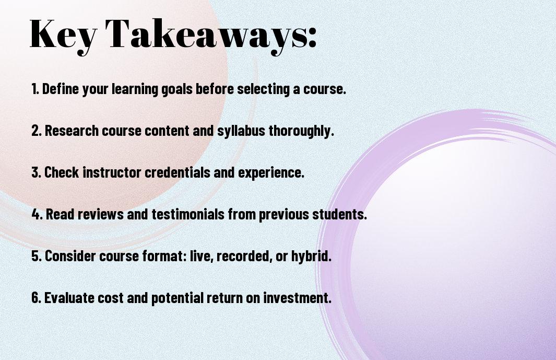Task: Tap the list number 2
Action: (x=36, y=131)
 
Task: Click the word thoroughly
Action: (x=301, y=131)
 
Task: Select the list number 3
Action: (x=36, y=172)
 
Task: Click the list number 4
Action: (x=37, y=214)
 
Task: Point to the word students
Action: (x=339, y=214)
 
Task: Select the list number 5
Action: (x=37, y=256)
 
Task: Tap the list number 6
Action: (x=36, y=298)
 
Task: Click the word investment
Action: (x=297, y=298)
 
